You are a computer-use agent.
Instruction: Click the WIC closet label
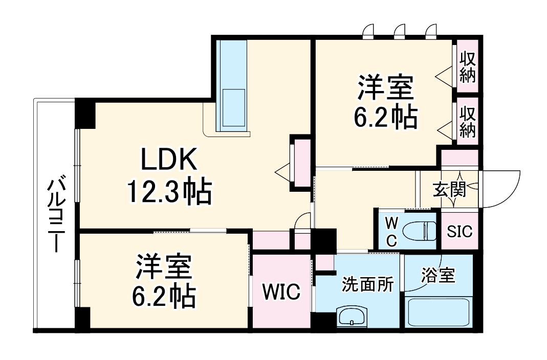tap(281, 292)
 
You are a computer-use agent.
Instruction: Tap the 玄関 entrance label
tap(450, 190)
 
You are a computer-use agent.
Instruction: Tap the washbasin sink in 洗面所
tap(352, 317)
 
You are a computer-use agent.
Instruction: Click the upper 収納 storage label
tap(467, 67)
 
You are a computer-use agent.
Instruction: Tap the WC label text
tap(390, 232)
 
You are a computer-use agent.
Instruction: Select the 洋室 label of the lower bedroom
tap(164, 266)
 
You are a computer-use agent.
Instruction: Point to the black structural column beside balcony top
tap(85, 114)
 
